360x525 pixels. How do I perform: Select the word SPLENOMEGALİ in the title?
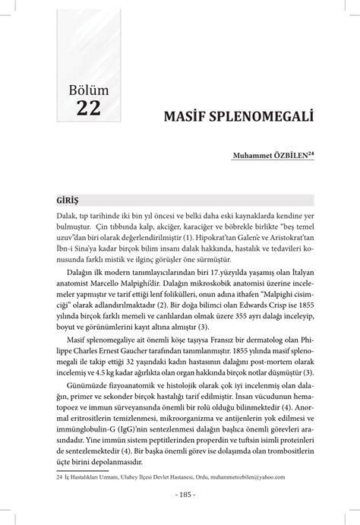257,120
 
